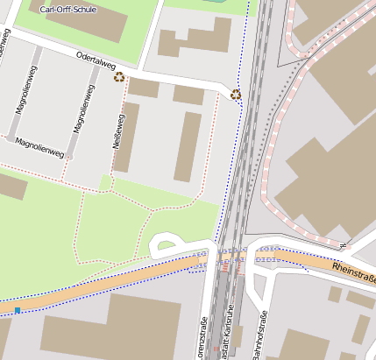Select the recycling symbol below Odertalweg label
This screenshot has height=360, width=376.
pos(119,77)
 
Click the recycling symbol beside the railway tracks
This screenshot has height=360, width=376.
pos(236,95)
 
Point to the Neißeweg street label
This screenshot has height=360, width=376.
pos(118,127)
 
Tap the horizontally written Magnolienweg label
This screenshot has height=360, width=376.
pos(39,147)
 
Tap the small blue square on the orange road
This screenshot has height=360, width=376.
pos(18,310)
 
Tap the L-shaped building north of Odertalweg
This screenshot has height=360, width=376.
pos(194,42)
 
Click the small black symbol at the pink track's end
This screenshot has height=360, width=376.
pos(344,244)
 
